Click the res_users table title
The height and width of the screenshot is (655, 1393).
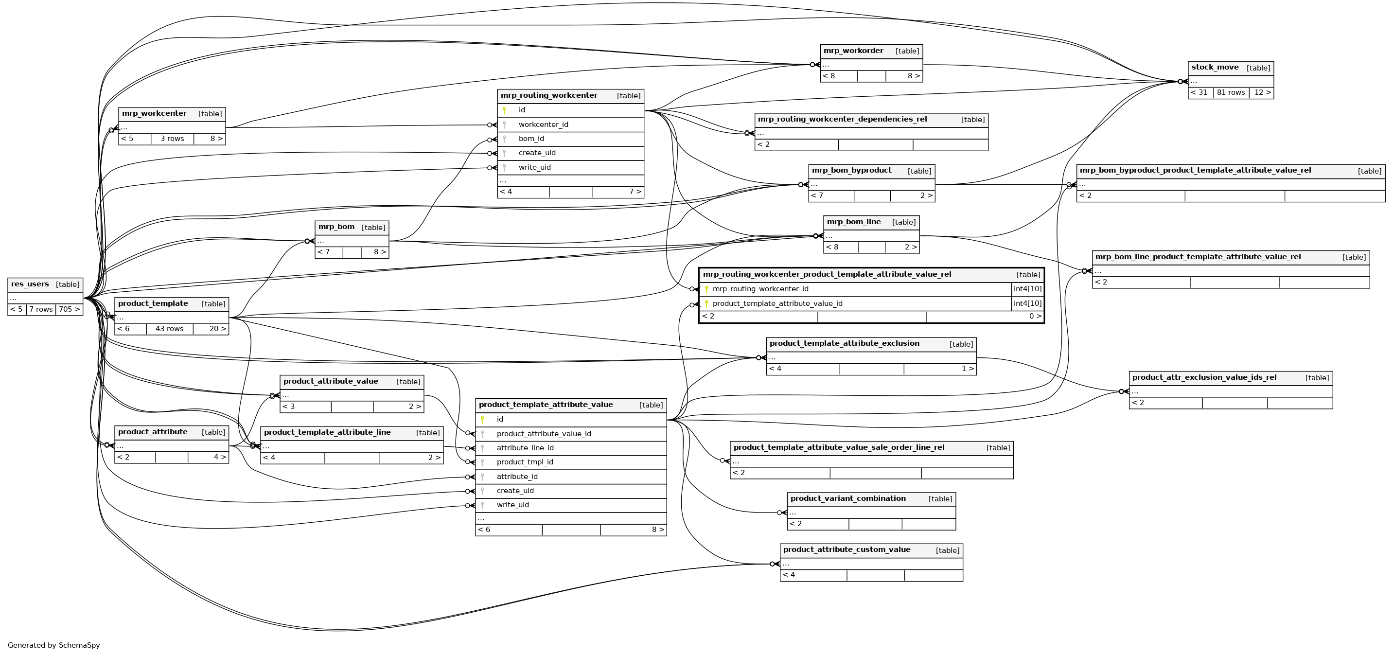(30, 284)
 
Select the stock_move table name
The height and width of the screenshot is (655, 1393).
(1215, 68)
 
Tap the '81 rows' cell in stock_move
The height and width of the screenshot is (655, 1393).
(1231, 92)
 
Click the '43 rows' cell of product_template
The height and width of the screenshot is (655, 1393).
(169, 329)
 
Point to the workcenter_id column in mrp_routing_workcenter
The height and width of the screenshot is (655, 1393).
(543, 125)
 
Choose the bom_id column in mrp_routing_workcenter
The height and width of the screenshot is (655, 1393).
(531, 139)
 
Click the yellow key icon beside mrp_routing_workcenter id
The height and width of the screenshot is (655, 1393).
(504, 110)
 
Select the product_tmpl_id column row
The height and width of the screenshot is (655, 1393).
(525, 462)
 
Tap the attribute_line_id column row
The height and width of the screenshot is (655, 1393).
(525, 448)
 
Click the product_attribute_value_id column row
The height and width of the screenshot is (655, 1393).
(544, 434)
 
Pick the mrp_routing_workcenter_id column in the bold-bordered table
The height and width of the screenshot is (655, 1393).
(760, 289)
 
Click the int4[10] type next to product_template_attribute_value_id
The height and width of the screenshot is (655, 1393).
(1027, 304)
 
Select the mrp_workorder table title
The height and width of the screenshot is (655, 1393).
(853, 51)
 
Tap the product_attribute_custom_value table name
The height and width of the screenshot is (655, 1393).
(847, 550)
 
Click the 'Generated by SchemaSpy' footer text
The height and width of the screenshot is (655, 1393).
(54, 645)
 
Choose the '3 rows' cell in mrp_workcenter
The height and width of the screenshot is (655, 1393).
(172, 139)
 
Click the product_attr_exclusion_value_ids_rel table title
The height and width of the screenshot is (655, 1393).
(1204, 377)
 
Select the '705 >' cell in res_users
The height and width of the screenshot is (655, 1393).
(69, 309)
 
